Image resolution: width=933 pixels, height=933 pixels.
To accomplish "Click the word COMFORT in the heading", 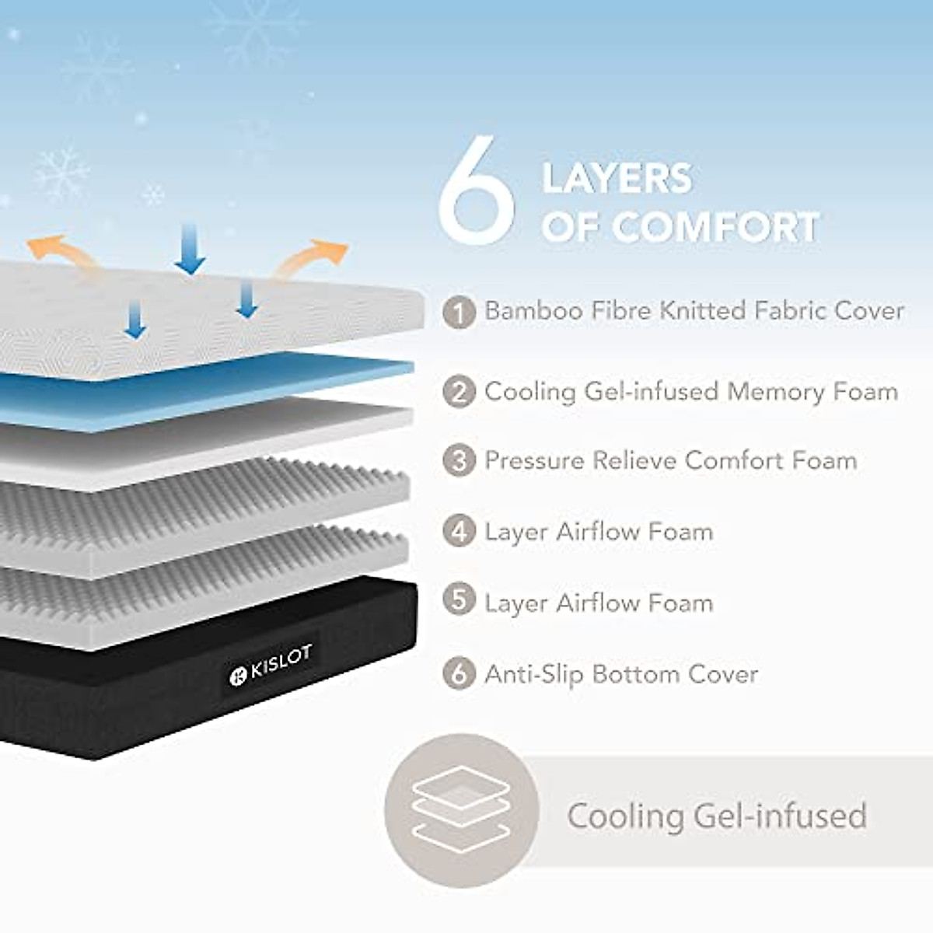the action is point(715,227).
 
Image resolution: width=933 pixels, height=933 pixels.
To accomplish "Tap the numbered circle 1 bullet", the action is point(459,313).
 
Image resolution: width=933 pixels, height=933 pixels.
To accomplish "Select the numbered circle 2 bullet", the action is point(459,391).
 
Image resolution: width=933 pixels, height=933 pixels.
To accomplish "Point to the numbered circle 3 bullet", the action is point(459,460).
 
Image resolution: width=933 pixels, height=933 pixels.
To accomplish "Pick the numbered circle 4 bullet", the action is point(459,532).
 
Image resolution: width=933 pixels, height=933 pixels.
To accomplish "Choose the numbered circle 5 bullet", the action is point(459,601).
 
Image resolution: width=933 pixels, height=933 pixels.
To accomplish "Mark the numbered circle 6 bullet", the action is point(459,673).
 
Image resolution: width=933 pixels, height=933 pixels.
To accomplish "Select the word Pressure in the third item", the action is point(534,460).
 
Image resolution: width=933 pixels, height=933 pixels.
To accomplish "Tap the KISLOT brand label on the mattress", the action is point(271,666).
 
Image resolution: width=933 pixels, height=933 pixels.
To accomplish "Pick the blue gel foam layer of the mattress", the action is point(202,389).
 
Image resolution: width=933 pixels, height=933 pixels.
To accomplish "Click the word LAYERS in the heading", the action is point(617,179).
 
